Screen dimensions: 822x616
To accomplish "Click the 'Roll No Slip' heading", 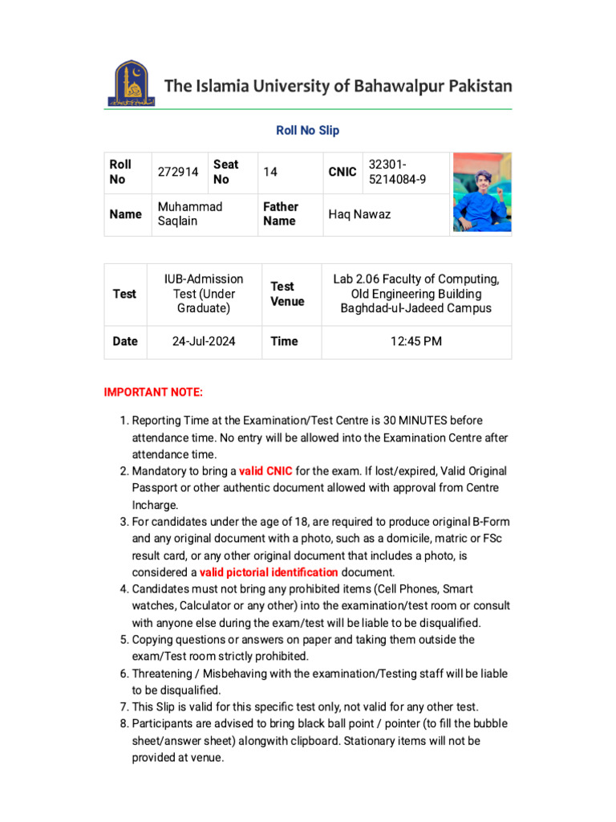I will pyautogui.click(x=307, y=130).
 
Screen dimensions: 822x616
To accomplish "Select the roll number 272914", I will pyautogui.click(x=178, y=172).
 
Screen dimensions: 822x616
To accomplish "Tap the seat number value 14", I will pyautogui.click(x=270, y=172).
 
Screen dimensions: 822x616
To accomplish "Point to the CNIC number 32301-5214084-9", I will pyautogui.click(x=397, y=172).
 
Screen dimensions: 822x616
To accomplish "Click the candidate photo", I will pyautogui.click(x=481, y=193).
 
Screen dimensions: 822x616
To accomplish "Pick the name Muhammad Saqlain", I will pyautogui.click(x=190, y=214).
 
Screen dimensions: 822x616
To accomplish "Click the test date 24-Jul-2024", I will pyautogui.click(x=204, y=341).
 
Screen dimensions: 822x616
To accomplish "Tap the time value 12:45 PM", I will pyautogui.click(x=416, y=341).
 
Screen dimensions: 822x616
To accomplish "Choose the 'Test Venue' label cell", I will pyautogui.click(x=287, y=294).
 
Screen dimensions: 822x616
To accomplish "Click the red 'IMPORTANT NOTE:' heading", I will pyautogui.click(x=153, y=392).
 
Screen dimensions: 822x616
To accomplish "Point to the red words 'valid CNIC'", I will pyautogui.click(x=265, y=471).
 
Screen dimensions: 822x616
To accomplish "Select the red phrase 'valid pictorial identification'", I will pyautogui.click(x=269, y=572).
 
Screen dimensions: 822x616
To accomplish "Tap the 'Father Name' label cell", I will pyautogui.click(x=281, y=214).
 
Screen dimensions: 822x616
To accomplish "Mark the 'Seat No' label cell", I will pyautogui.click(x=225, y=172).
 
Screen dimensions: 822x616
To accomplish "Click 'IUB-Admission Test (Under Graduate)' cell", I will pyautogui.click(x=204, y=294).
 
